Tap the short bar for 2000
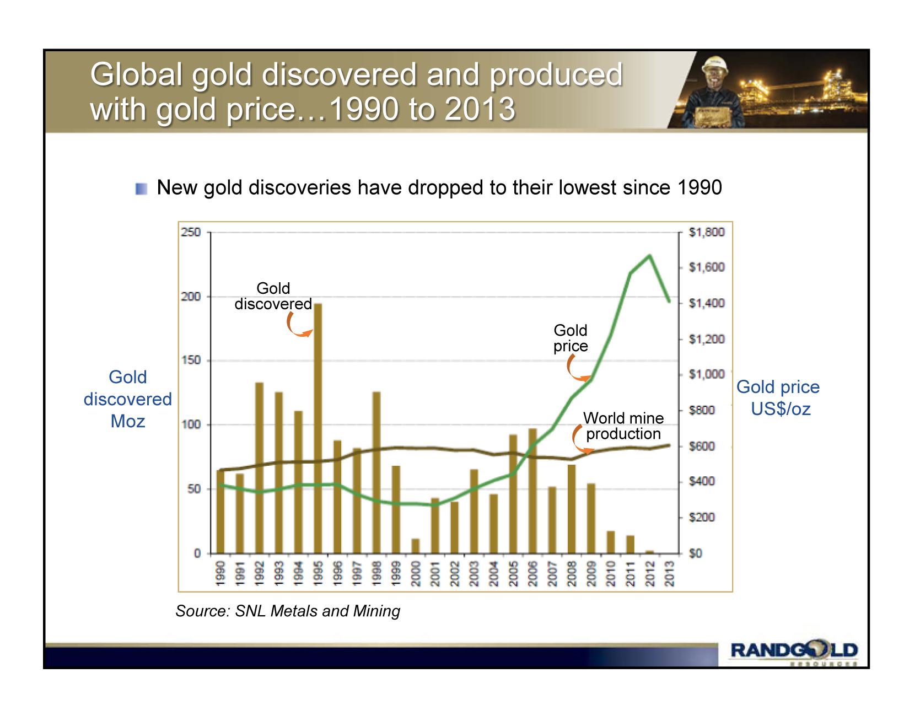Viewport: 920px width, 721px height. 416,546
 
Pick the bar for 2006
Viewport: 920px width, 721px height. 532,491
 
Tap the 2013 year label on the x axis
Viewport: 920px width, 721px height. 669,574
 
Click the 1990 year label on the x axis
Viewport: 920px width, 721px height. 220,574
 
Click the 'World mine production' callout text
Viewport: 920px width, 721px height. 623,426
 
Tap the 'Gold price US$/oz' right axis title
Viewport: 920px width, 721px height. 778,397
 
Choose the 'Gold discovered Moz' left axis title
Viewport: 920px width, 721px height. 128,399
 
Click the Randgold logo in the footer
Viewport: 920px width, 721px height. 794,650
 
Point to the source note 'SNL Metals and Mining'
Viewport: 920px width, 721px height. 288,611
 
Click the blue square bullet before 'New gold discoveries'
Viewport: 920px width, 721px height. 142,189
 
